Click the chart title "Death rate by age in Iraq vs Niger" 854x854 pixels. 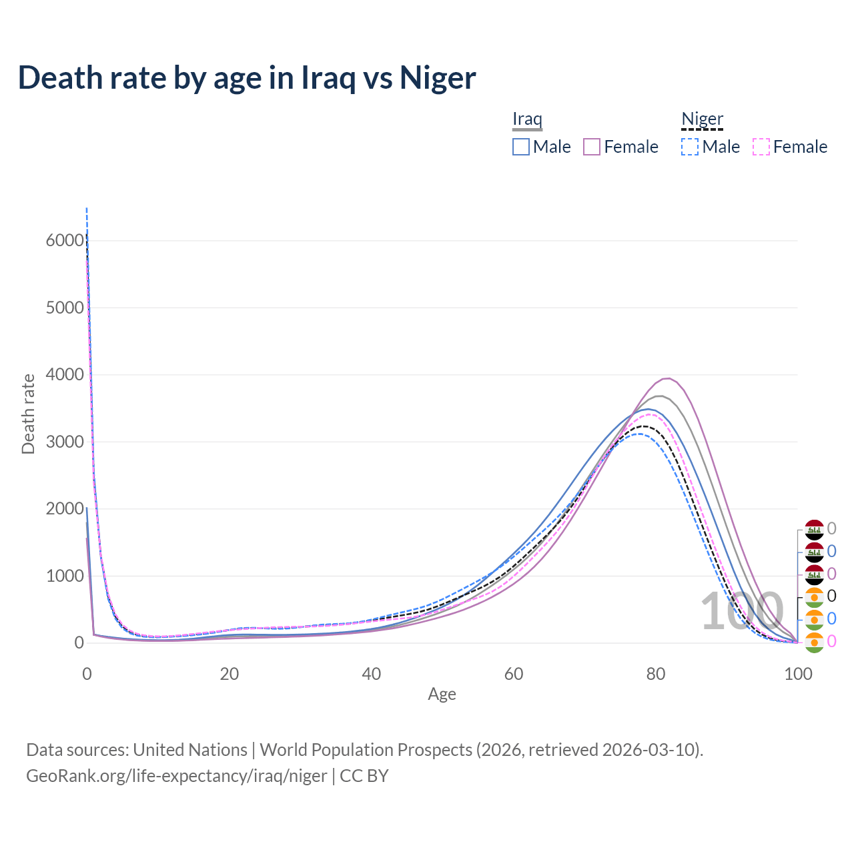click(x=247, y=77)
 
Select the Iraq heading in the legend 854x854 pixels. click(x=527, y=119)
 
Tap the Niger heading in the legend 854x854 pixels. click(x=702, y=119)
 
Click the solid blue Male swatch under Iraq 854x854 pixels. click(x=521, y=147)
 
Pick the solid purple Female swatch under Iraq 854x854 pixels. click(x=592, y=147)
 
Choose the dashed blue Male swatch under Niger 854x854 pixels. click(x=690, y=147)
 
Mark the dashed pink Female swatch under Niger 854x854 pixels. click(x=761, y=147)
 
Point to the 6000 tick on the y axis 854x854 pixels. click(x=65, y=241)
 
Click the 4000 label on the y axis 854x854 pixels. click(x=65, y=375)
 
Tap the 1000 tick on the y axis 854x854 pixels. click(x=65, y=576)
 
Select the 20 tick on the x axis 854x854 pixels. click(x=229, y=674)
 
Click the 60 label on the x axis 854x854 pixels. click(x=514, y=674)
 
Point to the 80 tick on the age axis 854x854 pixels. click(x=656, y=674)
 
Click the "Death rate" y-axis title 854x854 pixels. click(x=28, y=414)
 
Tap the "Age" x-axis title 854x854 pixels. click(x=442, y=694)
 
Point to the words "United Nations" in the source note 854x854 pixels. click(x=190, y=750)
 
